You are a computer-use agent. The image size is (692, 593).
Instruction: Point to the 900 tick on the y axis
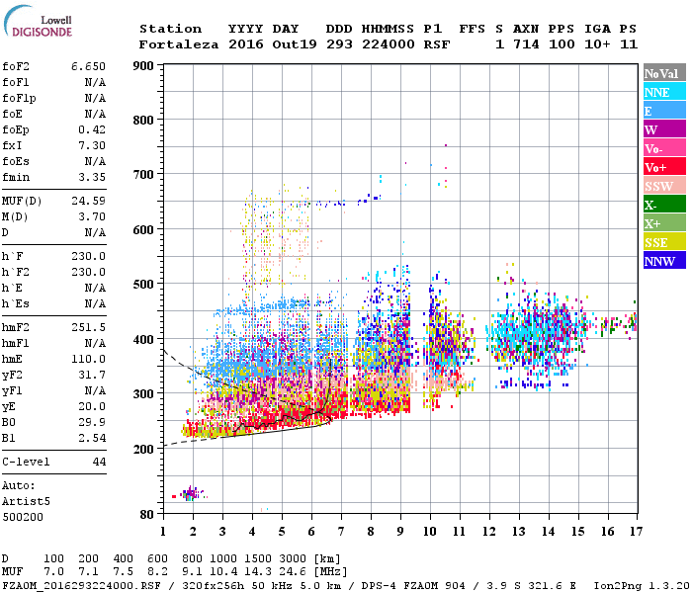click(143, 65)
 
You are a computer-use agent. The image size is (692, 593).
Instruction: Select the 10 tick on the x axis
click(429, 532)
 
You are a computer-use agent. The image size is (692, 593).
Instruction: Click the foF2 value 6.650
click(88, 65)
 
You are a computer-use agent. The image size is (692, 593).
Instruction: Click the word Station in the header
click(170, 29)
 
